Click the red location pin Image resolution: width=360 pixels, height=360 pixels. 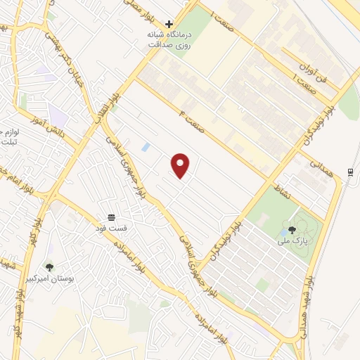pos(181,165)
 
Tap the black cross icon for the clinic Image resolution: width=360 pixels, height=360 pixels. pos(169,24)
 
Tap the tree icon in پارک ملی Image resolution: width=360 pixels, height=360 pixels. pos(292,230)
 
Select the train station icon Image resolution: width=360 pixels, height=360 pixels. pos(349,172)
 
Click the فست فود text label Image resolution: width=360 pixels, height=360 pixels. pos(111,228)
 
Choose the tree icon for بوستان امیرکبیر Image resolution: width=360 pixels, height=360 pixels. pos(49,266)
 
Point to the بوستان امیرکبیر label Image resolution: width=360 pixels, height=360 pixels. pos(50,278)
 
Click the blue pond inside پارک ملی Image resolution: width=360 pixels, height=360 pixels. pos(283,231)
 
